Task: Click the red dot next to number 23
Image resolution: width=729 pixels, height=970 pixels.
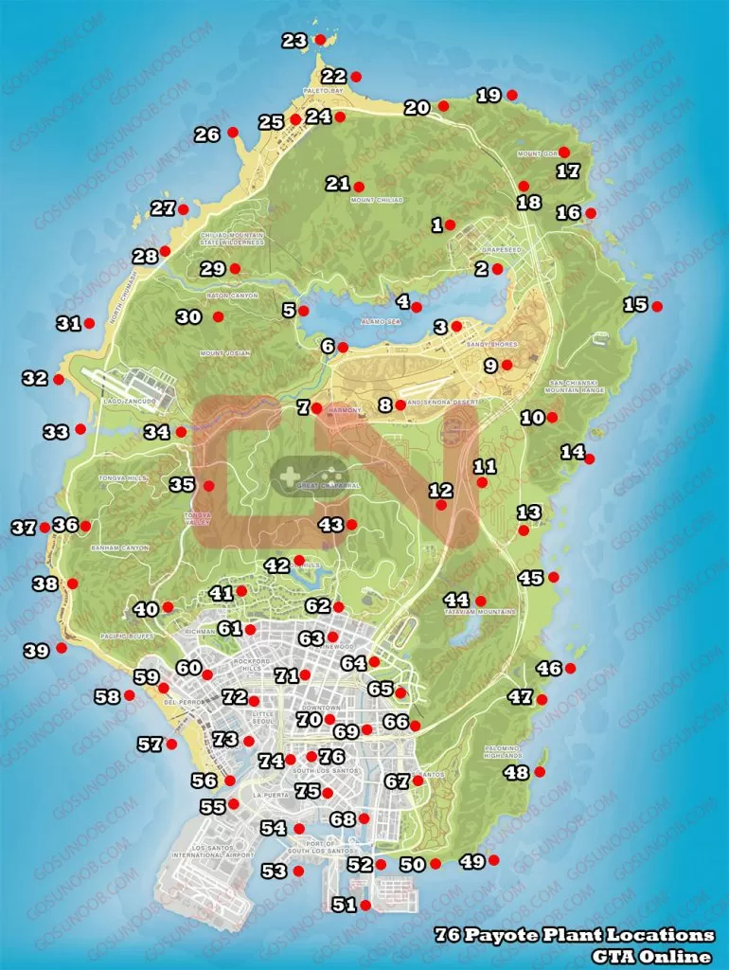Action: (x=320, y=40)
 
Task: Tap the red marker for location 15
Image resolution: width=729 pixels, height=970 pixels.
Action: (x=657, y=305)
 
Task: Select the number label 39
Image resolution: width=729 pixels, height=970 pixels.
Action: (x=36, y=651)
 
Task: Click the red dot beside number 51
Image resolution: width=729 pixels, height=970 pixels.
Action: (x=366, y=906)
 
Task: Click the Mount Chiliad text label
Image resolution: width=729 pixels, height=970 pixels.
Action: (x=377, y=201)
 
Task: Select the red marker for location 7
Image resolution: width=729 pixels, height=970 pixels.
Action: (x=316, y=408)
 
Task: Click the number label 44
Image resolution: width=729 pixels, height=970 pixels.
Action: (x=456, y=600)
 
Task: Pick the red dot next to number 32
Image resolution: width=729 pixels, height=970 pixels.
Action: (x=59, y=380)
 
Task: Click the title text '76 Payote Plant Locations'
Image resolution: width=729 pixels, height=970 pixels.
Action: (x=574, y=935)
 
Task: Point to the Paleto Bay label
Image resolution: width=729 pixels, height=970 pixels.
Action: (x=322, y=91)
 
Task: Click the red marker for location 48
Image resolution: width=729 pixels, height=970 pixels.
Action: (x=540, y=772)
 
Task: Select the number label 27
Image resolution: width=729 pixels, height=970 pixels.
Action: (x=163, y=208)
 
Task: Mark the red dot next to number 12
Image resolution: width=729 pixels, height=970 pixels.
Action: (x=440, y=506)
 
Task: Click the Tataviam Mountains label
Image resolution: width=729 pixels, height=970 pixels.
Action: (x=481, y=612)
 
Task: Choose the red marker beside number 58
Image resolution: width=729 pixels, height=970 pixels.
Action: (x=130, y=695)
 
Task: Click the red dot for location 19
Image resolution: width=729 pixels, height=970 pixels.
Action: (x=512, y=94)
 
